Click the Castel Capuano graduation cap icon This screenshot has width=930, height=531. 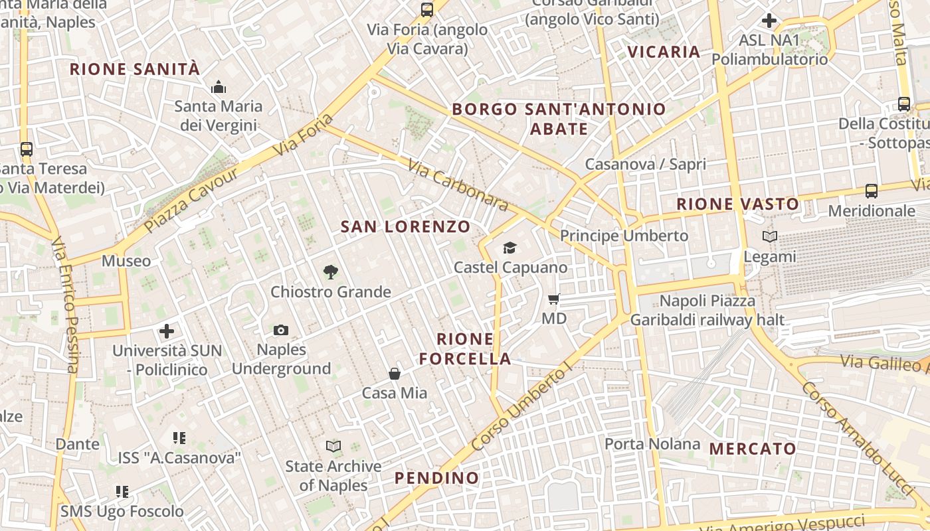[510, 248]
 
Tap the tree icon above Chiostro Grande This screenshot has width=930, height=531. [330, 271]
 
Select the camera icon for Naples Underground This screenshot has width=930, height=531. [281, 330]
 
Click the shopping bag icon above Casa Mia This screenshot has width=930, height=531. [395, 374]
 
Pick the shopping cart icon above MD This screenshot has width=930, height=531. [554, 299]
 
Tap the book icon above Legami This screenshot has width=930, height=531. [770, 236]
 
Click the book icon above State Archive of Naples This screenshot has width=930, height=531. [333, 446]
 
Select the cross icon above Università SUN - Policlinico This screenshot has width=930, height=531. [167, 331]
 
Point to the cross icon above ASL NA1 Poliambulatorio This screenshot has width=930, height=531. [769, 21]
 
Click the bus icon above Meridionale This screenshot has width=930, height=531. [872, 191]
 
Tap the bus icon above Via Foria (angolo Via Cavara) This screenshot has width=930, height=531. [427, 10]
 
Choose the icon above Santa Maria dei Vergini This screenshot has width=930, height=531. [219, 87]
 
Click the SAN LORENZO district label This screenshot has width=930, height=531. [405, 227]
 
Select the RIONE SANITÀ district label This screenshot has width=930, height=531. [135, 69]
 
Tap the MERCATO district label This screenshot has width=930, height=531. [753, 449]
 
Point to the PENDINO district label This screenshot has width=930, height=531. [436, 478]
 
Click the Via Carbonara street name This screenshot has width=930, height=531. [458, 185]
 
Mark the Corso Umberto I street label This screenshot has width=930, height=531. [521, 408]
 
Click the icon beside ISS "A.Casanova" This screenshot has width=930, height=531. [179, 438]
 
